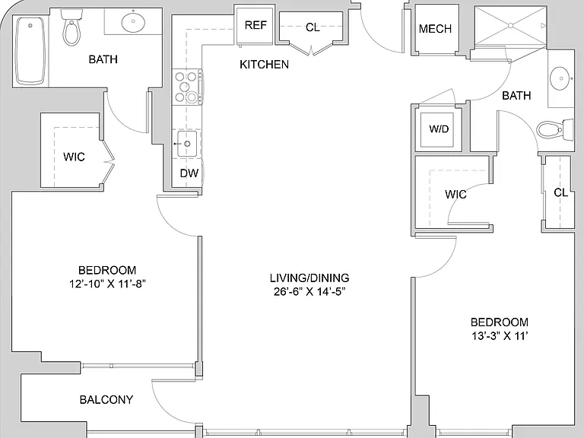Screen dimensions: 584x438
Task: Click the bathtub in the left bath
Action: click(x=30, y=50)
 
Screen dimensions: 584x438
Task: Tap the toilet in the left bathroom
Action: click(x=71, y=27)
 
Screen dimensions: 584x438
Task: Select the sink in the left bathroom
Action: click(x=133, y=22)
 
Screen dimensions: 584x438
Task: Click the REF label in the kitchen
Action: click(x=255, y=25)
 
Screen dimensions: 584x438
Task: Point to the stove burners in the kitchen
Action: click(x=186, y=87)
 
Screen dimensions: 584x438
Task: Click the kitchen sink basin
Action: click(x=186, y=144)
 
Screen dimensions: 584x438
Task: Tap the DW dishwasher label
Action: click(x=189, y=173)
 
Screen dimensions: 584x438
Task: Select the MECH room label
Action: click(x=435, y=29)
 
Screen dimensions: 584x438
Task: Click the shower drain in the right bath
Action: click(x=511, y=25)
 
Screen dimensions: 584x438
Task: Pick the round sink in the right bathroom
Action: click(x=561, y=78)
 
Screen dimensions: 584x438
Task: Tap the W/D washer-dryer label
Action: click(x=439, y=129)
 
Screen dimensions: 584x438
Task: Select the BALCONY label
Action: click(x=106, y=400)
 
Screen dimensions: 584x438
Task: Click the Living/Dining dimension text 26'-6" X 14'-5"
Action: click(x=309, y=292)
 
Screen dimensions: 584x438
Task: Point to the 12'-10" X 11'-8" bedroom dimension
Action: click(x=107, y=284)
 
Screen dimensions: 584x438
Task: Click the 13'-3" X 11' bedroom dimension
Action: click(x=500, y=336)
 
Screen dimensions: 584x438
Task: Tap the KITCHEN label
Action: click(x=264, y=65)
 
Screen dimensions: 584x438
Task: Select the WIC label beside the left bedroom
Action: click(x=74, y=157)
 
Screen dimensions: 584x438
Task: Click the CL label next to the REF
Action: click(x=313, y=27)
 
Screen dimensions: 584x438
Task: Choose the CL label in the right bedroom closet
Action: click(x=560, y=192)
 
